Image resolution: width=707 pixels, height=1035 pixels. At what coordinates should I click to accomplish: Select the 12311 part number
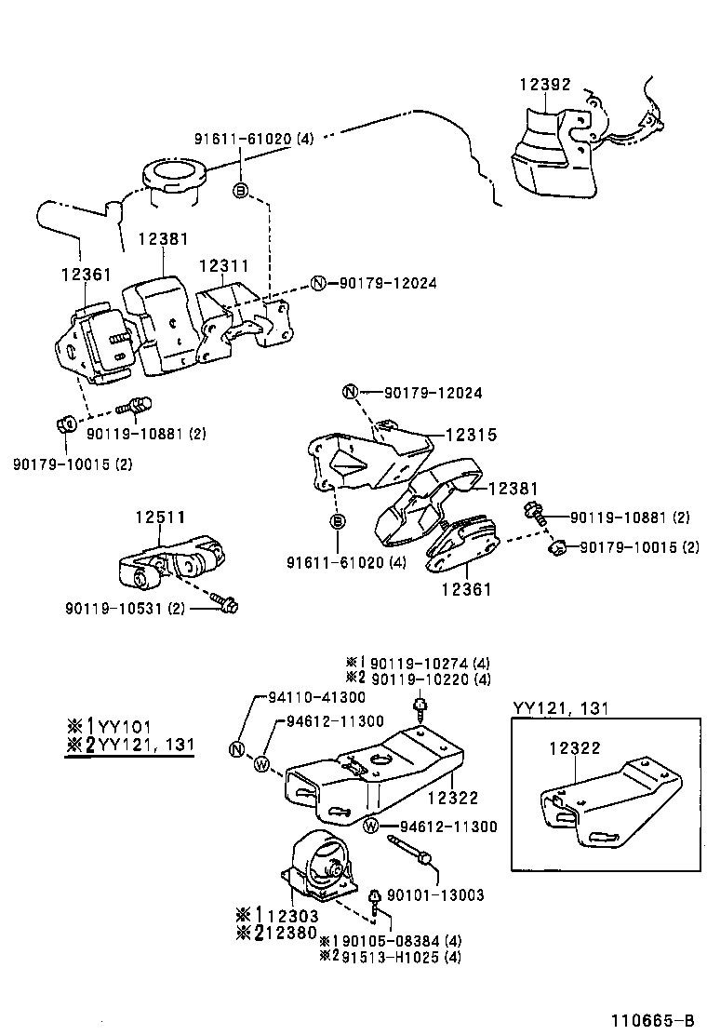coord(224,265)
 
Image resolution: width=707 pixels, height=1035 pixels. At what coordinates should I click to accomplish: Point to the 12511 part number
coord(160,517)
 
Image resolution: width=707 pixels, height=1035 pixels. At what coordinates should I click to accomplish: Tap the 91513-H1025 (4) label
coord(412,956)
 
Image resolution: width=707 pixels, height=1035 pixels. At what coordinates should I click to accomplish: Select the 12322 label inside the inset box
coord(573,747)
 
